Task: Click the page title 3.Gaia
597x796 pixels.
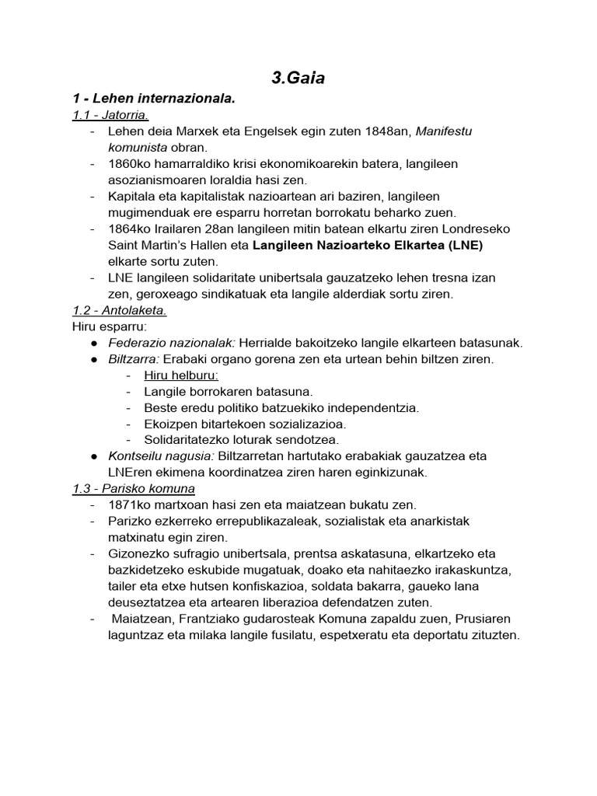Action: (298, 78)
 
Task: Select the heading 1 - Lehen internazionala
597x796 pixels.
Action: (153, 99)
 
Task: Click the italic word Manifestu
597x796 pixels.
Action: (444, 131)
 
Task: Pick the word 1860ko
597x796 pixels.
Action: (130, 164)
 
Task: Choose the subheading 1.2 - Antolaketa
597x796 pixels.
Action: (119, 311)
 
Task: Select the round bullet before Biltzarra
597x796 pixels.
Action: (93, 359)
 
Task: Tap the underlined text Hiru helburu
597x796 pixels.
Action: (181, 375)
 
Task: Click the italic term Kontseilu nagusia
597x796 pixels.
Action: (161, 456)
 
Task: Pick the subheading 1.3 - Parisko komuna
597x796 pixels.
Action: (133, 489)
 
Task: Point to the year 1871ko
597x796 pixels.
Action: (130, 505)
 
